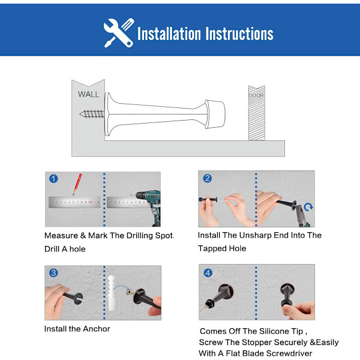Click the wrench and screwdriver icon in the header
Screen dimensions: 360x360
click(119, 33)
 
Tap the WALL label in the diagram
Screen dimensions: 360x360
click(88, 94)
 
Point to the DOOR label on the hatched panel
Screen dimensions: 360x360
click(256, 95)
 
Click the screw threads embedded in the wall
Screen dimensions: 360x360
click(92, 114)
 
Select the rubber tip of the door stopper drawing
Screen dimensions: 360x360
click(215, 114)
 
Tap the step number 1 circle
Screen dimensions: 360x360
click(53, 179)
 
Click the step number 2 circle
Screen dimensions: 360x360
click(208, 178)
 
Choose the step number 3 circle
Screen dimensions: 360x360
click(53, 273)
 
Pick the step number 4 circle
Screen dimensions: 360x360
click(208, 273)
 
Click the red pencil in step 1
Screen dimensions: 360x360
click(77, 184)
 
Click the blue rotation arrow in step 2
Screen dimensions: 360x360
click(308, 207)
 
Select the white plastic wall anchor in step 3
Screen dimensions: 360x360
click(112, 293)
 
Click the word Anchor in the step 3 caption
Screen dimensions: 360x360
click(97, 329)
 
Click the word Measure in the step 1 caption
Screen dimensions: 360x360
click(61, 236)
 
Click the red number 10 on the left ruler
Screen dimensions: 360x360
click(90, 202)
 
